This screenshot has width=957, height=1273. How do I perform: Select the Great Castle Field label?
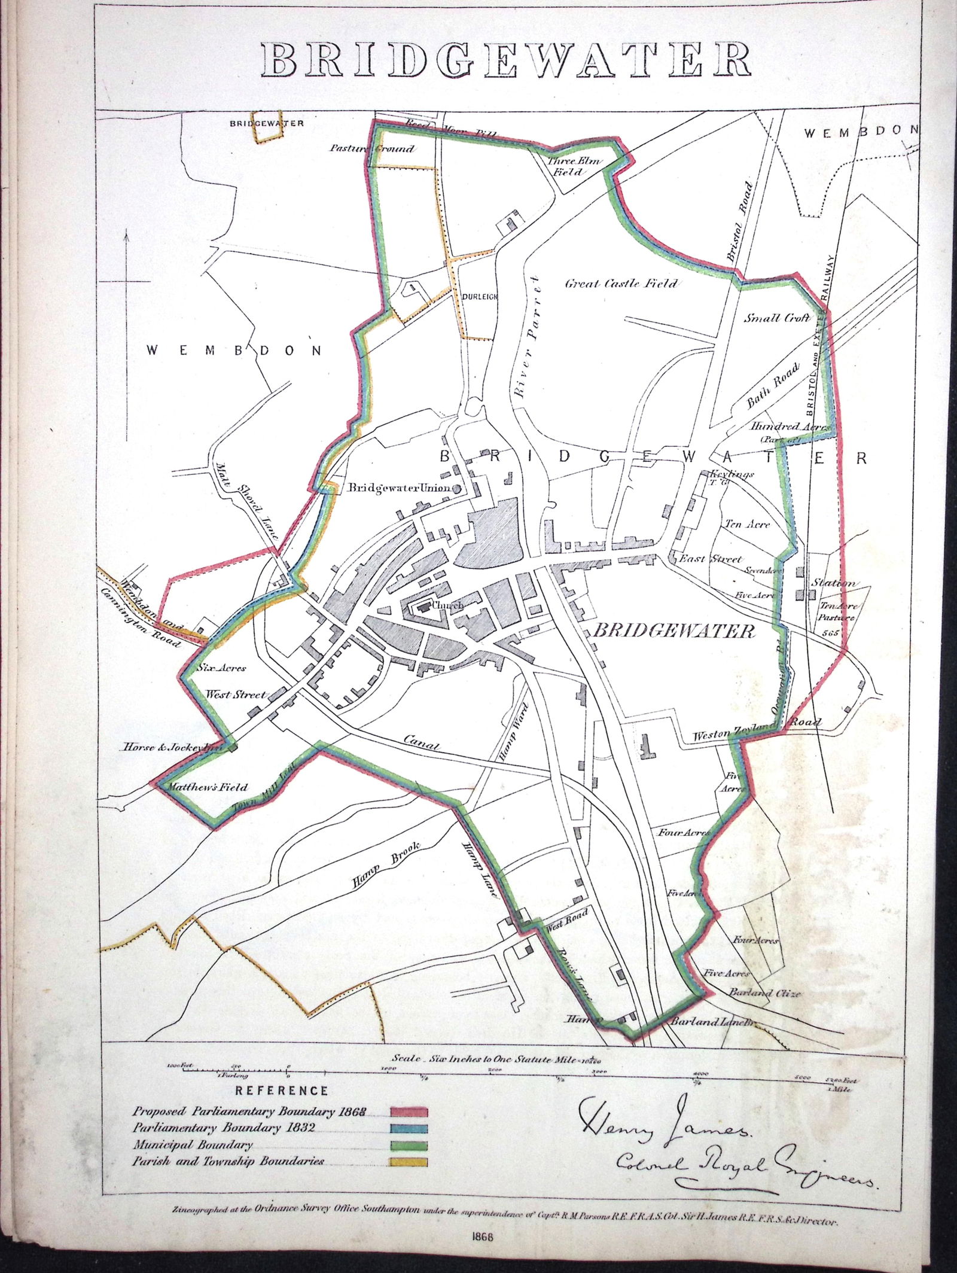621,283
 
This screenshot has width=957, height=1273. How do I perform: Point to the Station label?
833,583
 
